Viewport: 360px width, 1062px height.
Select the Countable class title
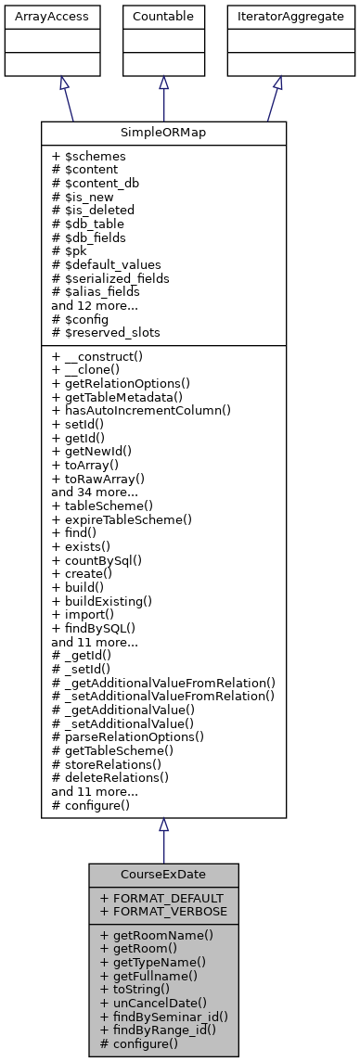click(163, 16)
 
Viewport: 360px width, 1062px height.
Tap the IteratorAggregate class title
click(278, 16)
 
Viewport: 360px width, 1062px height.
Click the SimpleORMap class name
click(163, 133)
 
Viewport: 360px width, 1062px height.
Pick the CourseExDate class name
click(163, 875)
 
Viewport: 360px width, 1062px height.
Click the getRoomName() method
click(157, 936)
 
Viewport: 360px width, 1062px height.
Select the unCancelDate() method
click(154, 1003)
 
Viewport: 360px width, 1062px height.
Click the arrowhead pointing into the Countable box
click(163, 83)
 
